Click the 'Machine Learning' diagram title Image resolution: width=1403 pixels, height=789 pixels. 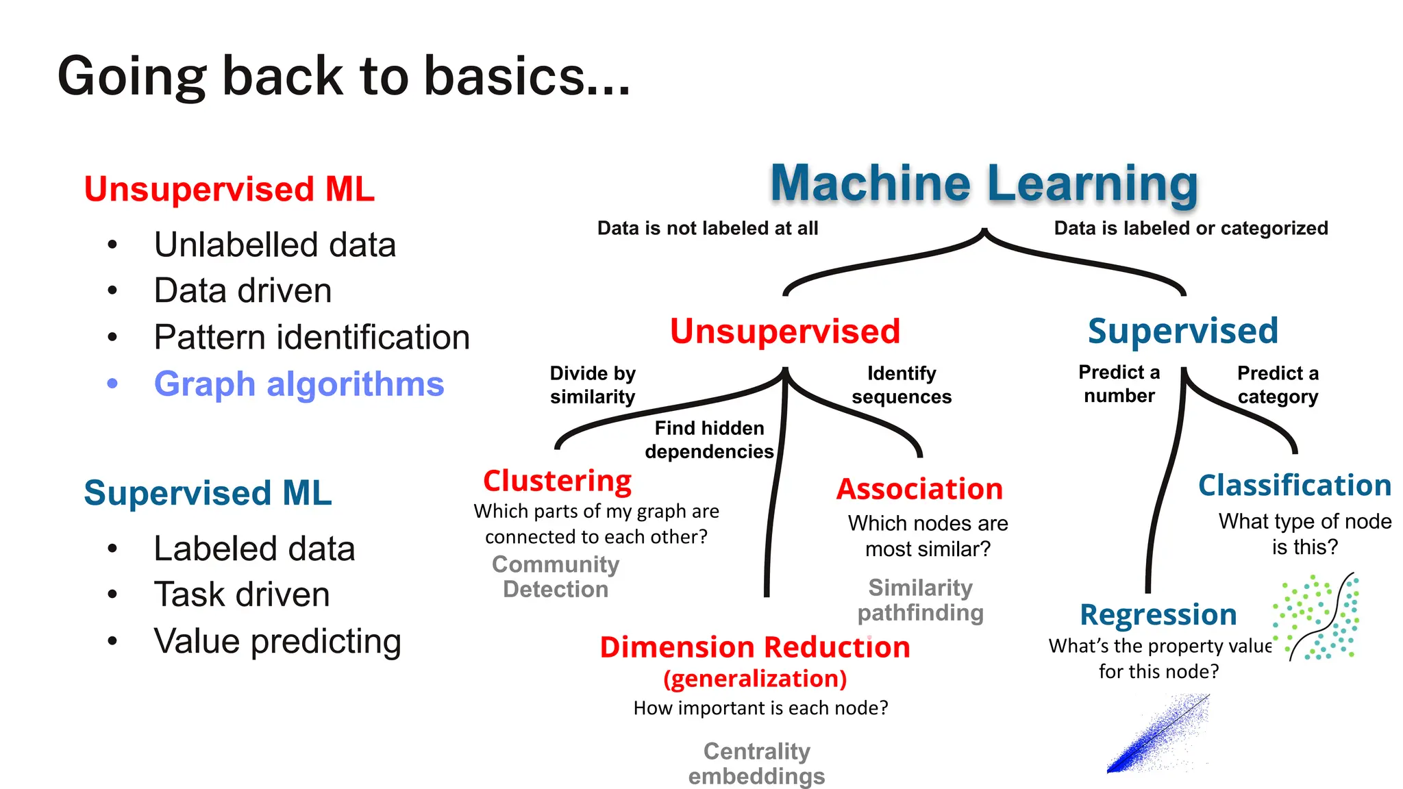[x=984, y=184]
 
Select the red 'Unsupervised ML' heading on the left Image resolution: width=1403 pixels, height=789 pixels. [x=229, y=189]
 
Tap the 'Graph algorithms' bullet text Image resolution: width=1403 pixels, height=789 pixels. [x=299, y=384]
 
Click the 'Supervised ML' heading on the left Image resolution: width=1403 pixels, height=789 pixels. [x=208, y=493]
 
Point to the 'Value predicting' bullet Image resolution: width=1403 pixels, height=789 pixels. [x=277, y=642]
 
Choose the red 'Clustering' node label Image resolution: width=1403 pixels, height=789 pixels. [x=557, y=481]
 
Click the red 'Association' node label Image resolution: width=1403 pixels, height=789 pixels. [x=919, y=489]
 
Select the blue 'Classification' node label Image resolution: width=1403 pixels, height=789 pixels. [x=1294, y=486]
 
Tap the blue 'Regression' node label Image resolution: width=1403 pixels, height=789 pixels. [x=1158, y=614]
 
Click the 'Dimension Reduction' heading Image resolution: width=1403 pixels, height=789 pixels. [x=754, y=647]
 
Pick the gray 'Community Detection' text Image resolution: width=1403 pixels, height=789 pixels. [x=556, y=577]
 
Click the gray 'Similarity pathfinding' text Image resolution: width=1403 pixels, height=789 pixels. [x=920, y=600]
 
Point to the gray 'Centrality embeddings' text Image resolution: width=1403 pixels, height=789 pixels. [x=756, y=764]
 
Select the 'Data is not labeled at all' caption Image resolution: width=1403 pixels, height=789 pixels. [x=708, y=228]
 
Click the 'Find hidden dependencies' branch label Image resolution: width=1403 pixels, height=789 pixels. [x=709, y=440]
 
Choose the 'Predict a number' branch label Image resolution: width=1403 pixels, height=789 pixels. [x=1119, y=384]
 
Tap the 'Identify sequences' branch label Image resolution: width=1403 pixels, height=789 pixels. [x=902, y=385]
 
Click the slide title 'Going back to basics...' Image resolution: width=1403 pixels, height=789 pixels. [x=344, y=76]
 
